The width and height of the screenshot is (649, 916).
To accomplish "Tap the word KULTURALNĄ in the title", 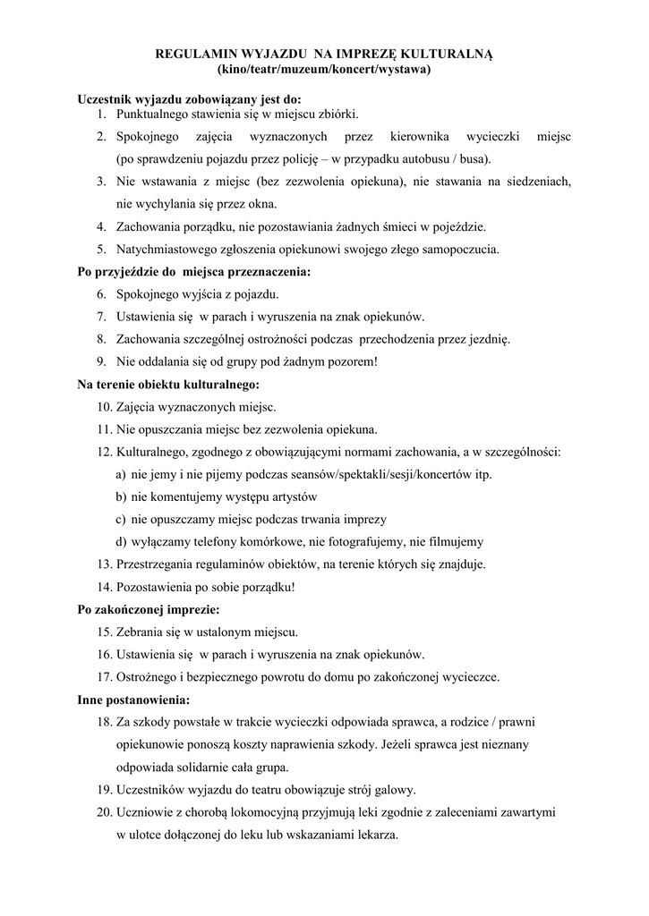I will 448,55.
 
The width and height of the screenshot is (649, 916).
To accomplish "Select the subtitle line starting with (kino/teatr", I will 324,69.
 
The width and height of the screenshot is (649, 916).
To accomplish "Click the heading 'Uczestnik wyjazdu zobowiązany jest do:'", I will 189,98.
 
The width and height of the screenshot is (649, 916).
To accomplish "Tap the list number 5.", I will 102,249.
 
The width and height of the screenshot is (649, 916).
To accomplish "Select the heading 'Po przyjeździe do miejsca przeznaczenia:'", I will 193,271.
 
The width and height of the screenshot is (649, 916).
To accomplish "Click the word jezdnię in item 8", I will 490,339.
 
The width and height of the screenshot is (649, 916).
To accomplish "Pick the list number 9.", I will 102,361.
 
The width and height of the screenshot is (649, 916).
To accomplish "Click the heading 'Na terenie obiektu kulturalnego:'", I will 168,384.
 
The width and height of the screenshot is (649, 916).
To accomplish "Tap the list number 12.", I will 104,452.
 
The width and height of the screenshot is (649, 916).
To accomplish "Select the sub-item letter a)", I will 120,474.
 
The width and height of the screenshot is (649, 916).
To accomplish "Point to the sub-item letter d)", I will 120,541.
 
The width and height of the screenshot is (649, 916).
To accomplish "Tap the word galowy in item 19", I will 397,790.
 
